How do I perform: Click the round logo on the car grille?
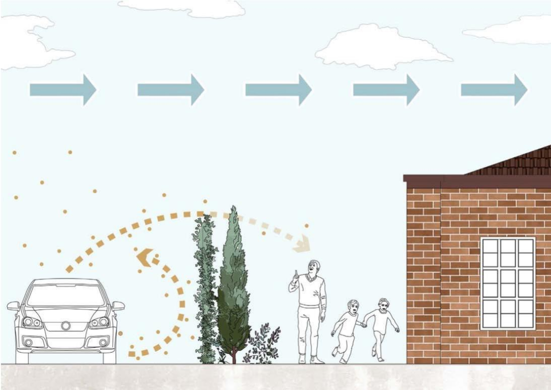pos(65,325)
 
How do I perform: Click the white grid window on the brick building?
pos(507,283)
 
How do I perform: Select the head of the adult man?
pos(314,268)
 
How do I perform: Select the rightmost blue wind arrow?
pos(494,90)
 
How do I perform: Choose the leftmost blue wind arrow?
pos(63,90)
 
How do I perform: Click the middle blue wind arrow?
pos(278,90)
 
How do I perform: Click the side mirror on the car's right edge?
pos(118,306)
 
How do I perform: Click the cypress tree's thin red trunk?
pos(234,356)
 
